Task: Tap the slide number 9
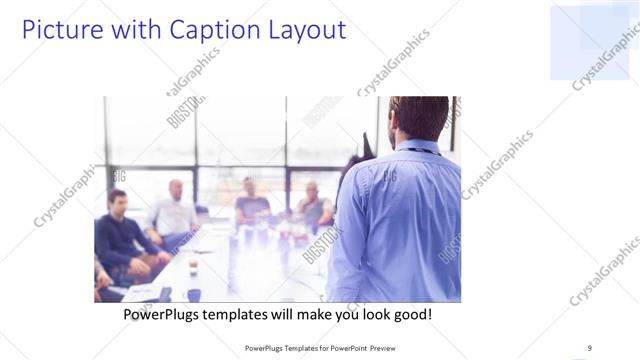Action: coord(589,348)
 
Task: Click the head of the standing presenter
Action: coord(418,118)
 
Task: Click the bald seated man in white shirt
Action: coord(174,213)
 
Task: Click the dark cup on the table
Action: coord(193,294)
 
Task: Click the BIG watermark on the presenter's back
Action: coord(388,176)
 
